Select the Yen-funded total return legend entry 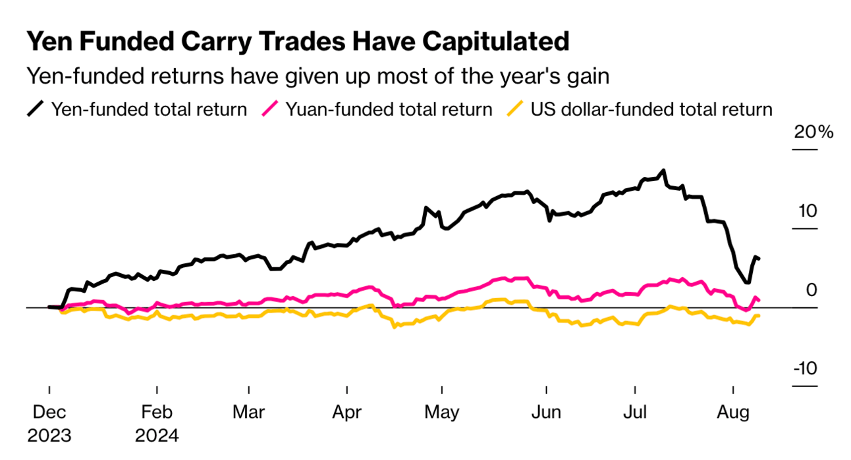click(x=149, y=109)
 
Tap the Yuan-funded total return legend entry click(x=389, y=109)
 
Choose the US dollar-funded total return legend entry click(x=651, y=109)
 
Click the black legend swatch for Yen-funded click(x=36, y=109)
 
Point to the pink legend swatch click(x=269, y=109)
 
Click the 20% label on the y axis click(x=813, y=133)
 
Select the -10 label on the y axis click(x=804, y=369)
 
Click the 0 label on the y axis click(x=812, y=290)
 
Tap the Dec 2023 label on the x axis click(x=49, y=424)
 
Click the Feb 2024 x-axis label click(x=157, y=424)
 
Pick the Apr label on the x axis click(x=346, y=413)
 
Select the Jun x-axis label click(x=546, y=413)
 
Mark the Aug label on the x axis click(x=733, y=413)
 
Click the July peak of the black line click(x=663, y=170)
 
